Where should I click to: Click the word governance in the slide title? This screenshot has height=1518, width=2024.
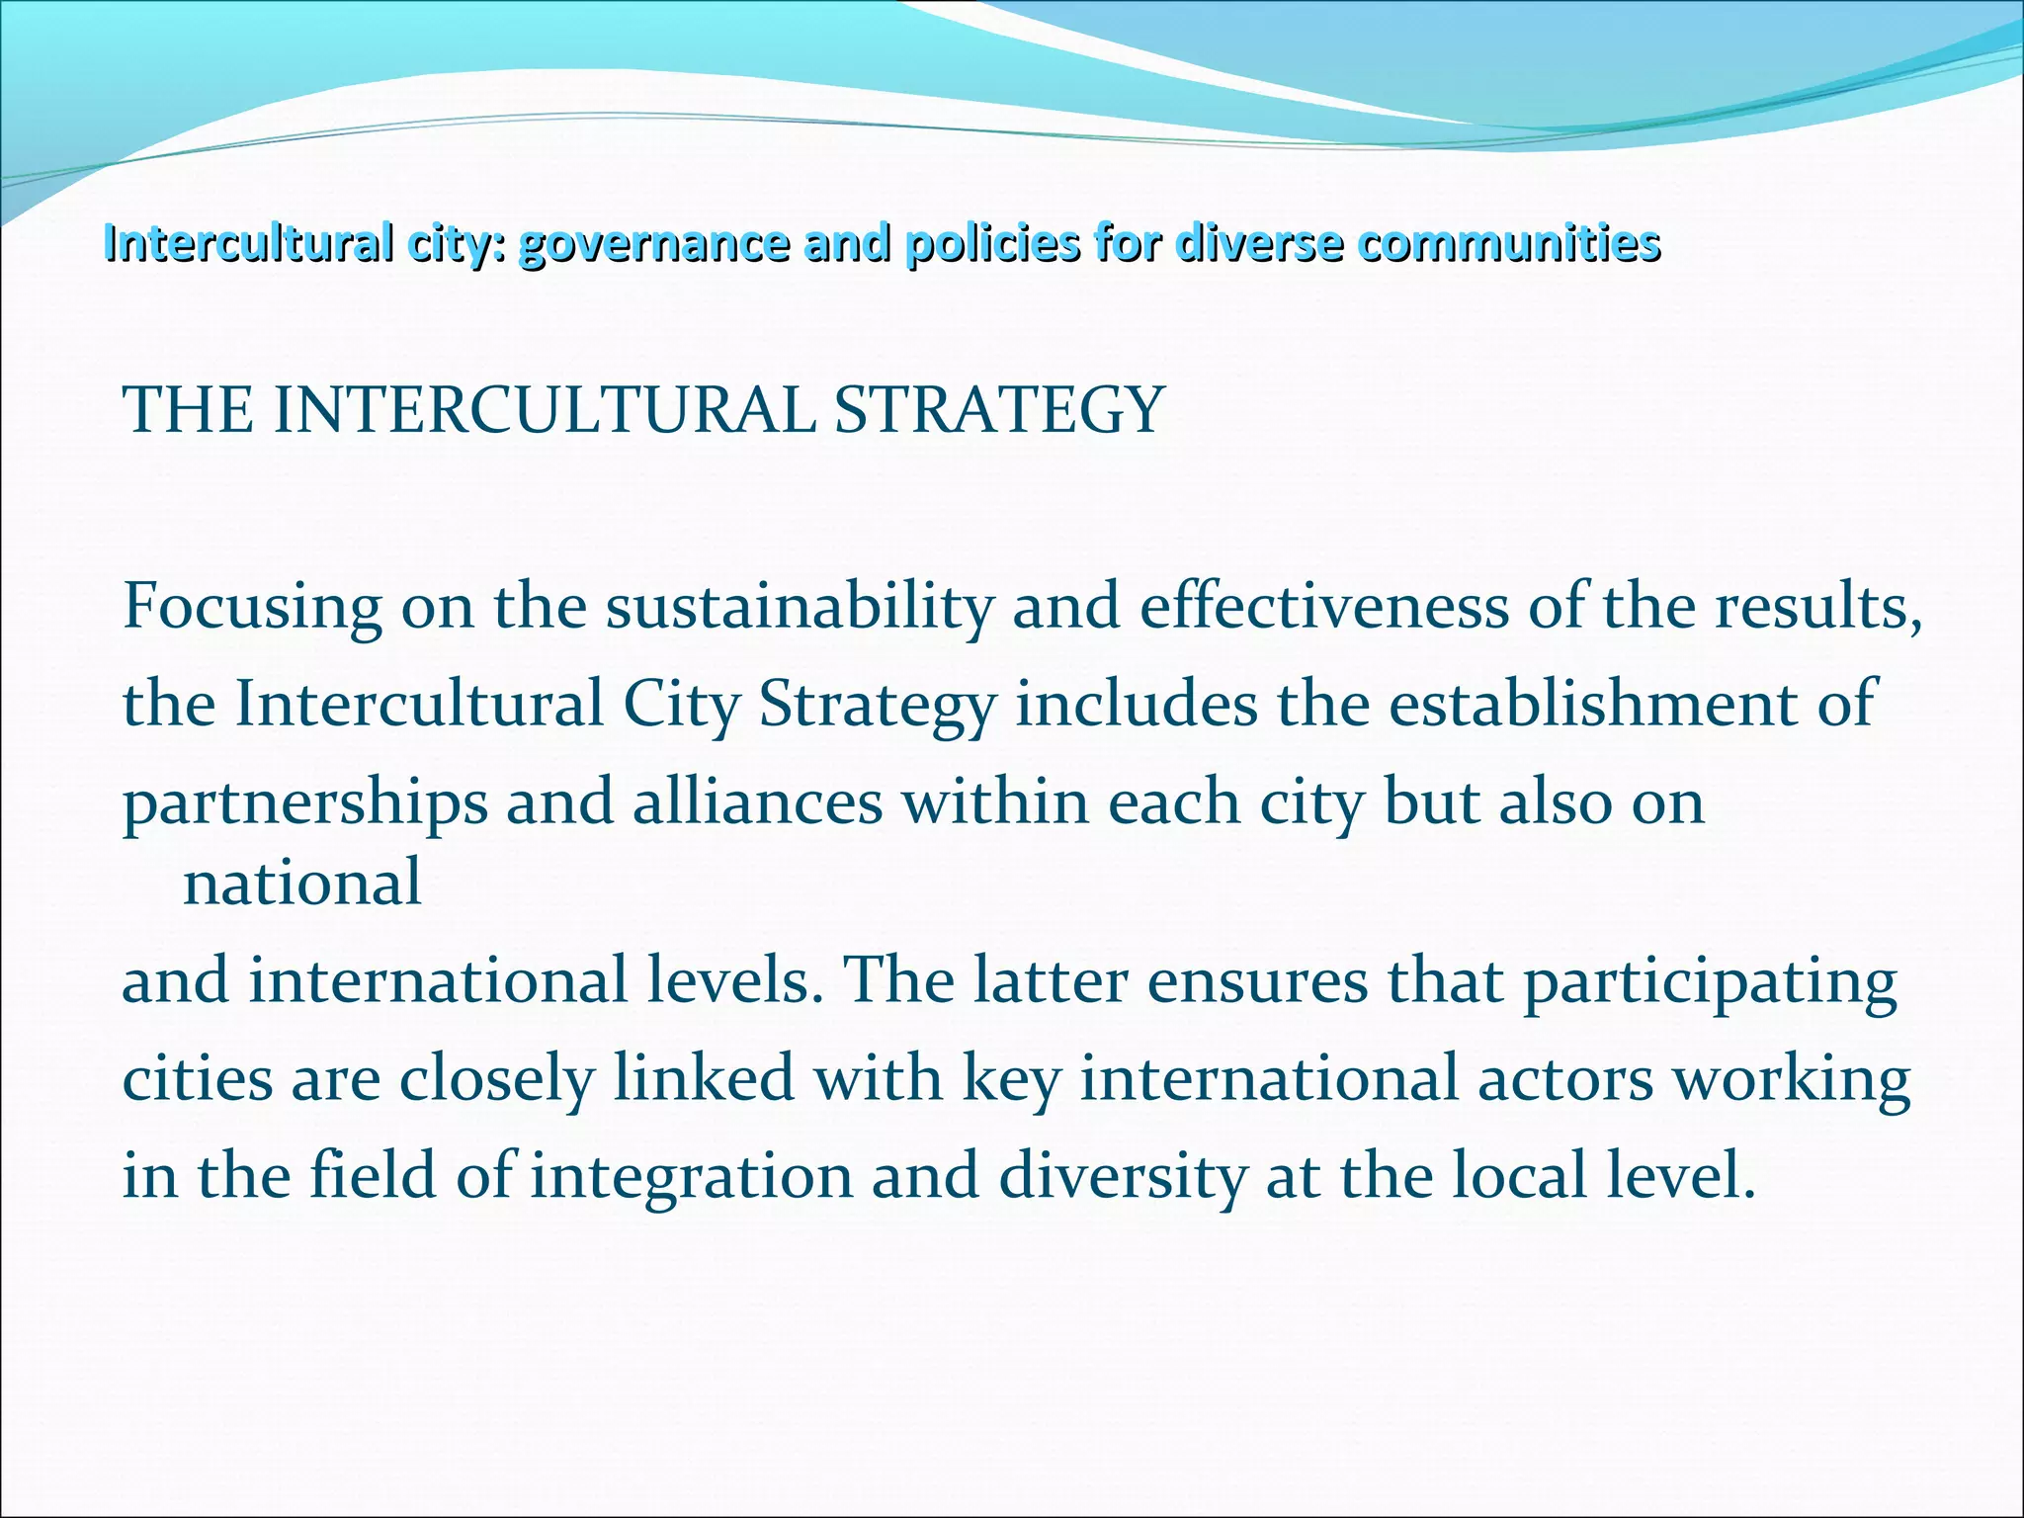pyautogui.click(x=653, y=244)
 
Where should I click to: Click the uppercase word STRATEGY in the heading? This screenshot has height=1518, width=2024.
pyautogui.click(x=998, y=410)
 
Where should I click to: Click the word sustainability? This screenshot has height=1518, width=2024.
pyautogui.click(x=800, y=608)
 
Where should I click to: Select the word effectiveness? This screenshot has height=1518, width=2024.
pyautogui.click(x=1323, y=606)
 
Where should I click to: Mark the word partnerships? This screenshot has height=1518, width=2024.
pyautogui.click(x=304, y=803)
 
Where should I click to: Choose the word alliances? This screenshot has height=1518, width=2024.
pyautogui.click(x=757, y=801)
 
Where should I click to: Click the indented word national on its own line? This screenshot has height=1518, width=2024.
pyautogui.click(x=302, y=883)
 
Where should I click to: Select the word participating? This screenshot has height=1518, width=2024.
pyautogui.click(x=1710, y=982)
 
